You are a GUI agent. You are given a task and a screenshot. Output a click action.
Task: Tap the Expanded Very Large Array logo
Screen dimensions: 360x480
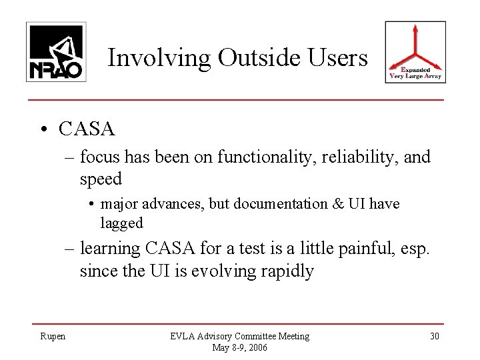(416, 52)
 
